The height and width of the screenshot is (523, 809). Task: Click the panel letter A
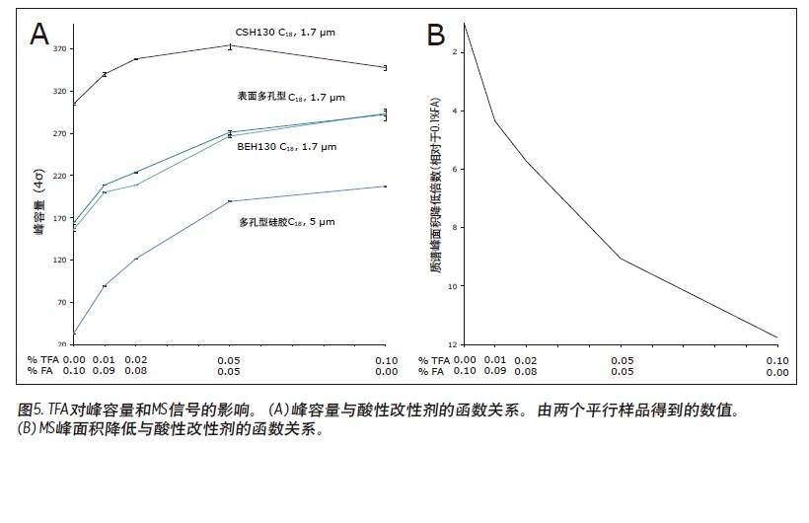(x=39, y=35)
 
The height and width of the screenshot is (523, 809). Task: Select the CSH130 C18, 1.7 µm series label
(x=283, y=33)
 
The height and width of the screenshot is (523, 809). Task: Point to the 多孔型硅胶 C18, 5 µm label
(x=286, y=223)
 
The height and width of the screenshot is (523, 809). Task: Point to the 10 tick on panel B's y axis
(x=453, y=286)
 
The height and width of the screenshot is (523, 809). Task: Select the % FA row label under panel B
(x=437, y=372)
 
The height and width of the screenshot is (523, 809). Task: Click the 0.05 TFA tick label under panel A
(x=230, y=360)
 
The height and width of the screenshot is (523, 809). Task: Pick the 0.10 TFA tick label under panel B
(x=777, y=360)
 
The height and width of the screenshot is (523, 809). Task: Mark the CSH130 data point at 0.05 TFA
(x=230, y=45)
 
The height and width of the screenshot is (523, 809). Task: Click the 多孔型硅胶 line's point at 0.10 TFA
(x=385, y=187)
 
